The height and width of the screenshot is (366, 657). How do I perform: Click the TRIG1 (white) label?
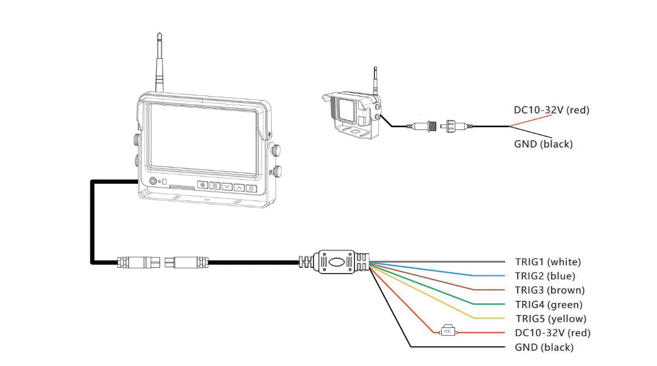click(x=548, y=262)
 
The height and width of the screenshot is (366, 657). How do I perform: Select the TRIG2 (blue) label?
click(x=545, y=276)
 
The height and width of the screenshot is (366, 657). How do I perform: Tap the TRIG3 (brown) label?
click(x=550, y=290)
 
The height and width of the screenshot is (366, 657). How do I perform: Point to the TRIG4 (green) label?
click(x=549, y=304)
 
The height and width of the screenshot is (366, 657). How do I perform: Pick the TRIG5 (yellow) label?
click(x=551, y=318)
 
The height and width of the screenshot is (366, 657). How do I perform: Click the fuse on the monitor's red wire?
click(x=447, y=332)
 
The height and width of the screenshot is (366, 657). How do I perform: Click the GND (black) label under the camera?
click(x=543, y=144)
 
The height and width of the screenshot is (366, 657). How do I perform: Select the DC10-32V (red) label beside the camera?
click(x=552, y=110)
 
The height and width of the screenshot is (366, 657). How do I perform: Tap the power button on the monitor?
click(x=153, y=181)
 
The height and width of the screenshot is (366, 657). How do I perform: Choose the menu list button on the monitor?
click(x=215, y=186)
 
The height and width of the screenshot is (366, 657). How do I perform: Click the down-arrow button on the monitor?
click(x=227, y=186)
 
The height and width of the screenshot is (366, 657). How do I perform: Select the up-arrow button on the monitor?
click(x=239, y=187)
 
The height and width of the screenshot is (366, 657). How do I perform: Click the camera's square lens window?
click(x=346, y=110)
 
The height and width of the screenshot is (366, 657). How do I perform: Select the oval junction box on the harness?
click(x=335, y=262)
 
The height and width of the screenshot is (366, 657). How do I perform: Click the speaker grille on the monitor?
click(x=181, y=186)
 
